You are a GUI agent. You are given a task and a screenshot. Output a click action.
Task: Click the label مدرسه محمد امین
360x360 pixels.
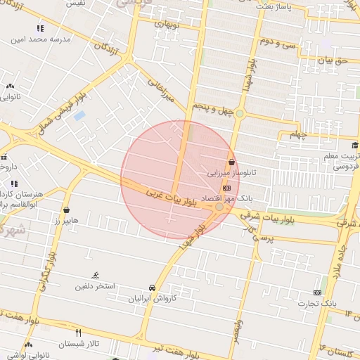pyautogui.click(x=41, y=40)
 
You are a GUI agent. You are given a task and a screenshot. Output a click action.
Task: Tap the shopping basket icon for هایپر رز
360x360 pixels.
pyautogui.click(x=66, y=210)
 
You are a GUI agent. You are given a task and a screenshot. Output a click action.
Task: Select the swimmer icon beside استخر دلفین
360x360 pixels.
pyautogui.click(x=96, y=275)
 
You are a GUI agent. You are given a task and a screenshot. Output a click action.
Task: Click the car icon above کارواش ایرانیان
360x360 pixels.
pyautogui.click(x=153, y=288)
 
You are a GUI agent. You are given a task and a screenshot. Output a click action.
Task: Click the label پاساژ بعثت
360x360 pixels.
pyautogui.click(x=274, y=6)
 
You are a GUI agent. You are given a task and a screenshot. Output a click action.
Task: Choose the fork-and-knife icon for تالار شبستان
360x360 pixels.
pyautogui.click(x=78, y=333)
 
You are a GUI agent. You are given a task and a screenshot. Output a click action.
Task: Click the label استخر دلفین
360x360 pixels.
pyautogui.click(x=96, y=287)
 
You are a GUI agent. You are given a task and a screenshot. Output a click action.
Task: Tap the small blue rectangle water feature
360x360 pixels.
pyautogui.click(x=79, y=115)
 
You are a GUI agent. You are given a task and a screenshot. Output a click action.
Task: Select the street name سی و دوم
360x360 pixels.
pyautogui.click(x=275, y=41)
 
